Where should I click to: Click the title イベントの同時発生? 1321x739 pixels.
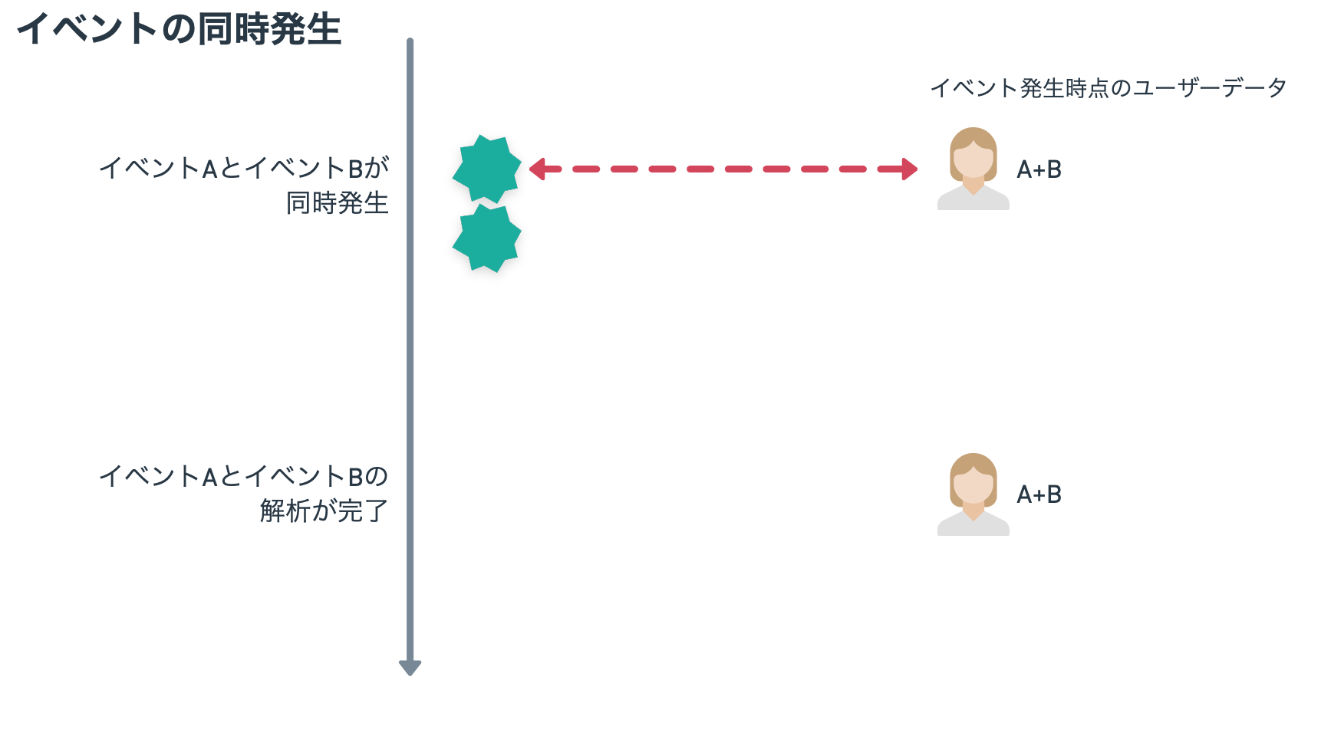pos(180,30)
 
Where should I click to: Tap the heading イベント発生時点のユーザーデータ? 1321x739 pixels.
pos(1109,88)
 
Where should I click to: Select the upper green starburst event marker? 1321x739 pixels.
pos(486,169)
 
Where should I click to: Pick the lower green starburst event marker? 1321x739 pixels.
pos(486,238)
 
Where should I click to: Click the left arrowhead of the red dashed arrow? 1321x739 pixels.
pos(537,169)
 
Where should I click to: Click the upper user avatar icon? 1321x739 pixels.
pos(973,169)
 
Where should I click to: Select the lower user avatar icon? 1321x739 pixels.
pos(973,494)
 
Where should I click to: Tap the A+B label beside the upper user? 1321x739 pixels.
pos(1039,169)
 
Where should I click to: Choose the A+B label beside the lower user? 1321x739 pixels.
pos(1039,494)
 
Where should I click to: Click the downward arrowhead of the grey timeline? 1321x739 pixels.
pos(410,668)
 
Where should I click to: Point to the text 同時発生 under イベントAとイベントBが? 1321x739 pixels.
pos(338,203)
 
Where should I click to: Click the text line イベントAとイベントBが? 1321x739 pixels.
pos(244,168)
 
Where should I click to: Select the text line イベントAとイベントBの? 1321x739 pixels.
pos(244,476)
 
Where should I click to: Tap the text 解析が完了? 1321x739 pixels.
pos(324,511)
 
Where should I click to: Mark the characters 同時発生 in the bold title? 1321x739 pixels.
pos(269,30)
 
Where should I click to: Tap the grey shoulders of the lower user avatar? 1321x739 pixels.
pos(973,524)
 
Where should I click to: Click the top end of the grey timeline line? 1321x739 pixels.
pos(410,40)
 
